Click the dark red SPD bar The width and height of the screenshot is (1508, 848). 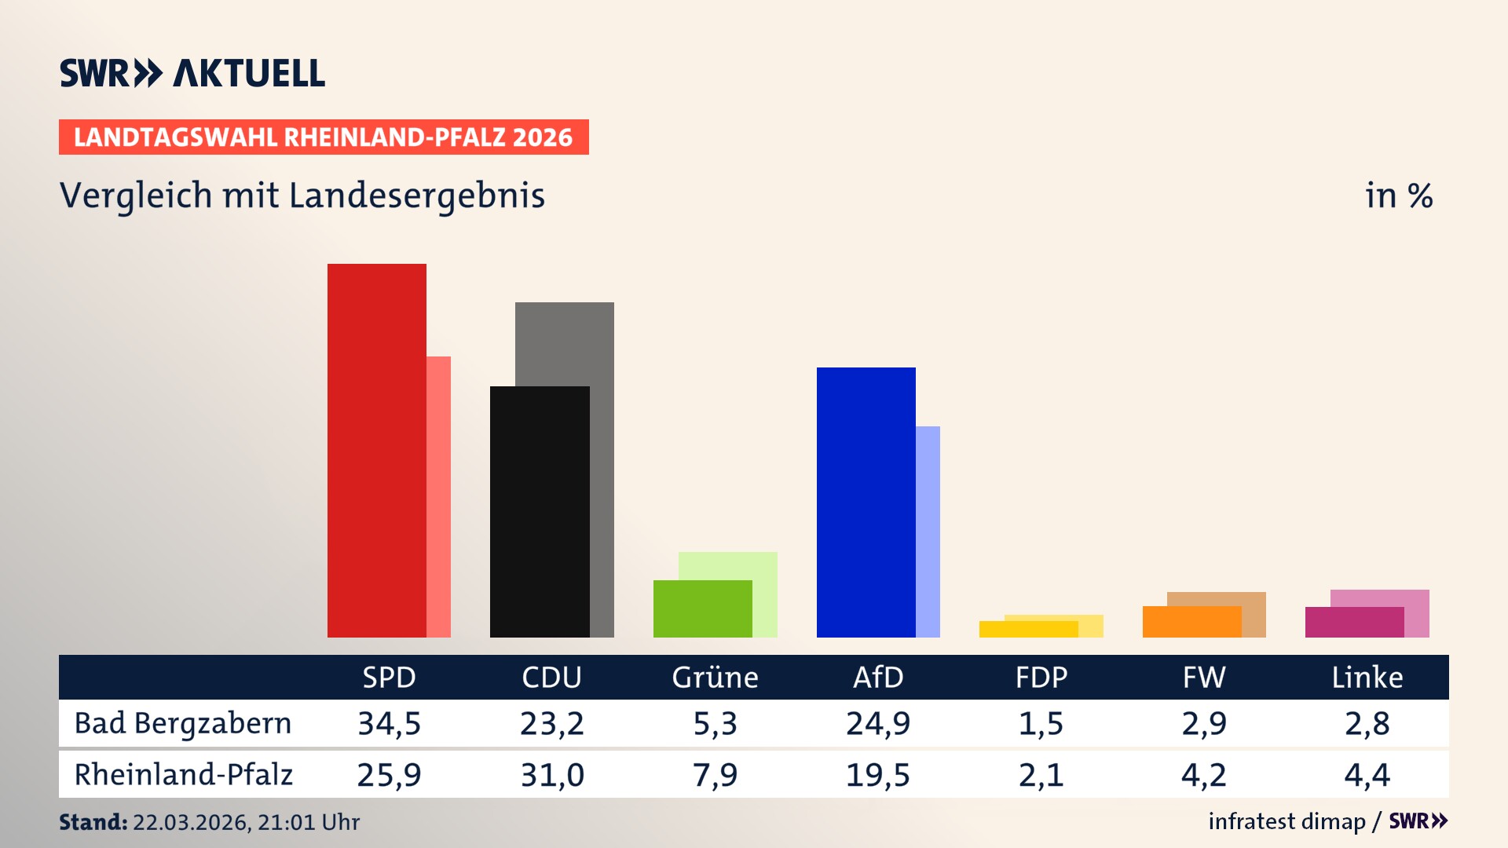[x=377, y=451]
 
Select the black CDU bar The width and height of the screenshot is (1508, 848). [x=540, y=512]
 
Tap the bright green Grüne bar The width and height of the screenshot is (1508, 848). [x=702, y=609]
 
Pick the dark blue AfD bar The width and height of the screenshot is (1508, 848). [x=866, y=503]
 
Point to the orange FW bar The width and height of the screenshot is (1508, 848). [x=1191, y=622]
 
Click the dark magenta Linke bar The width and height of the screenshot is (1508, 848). [x=1354, y=622]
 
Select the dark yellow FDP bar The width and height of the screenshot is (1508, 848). [x=1028, y=629]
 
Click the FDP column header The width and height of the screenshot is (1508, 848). [x=1041, y=678]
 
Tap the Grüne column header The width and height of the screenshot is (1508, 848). [x=715, y=678]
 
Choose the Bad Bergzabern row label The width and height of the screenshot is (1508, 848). [x=183, y=723]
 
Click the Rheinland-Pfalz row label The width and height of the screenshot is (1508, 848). [x=183, y=775]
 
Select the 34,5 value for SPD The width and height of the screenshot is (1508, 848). [x=389, y=723]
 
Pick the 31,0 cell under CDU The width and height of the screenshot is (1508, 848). [x=552, y=775]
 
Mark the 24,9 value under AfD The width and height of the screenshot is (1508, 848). [x=878, y=723]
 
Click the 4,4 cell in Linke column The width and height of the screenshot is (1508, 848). [x=1367, y=775]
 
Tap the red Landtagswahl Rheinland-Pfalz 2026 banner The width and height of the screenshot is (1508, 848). [x=324, y=137]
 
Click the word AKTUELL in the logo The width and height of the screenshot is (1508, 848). [x=249, y=74]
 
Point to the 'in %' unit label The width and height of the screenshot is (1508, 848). [x=1398, y=196]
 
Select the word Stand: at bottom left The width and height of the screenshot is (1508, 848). [x=93, y=822]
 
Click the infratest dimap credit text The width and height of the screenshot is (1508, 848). [x=1286, y=821]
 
